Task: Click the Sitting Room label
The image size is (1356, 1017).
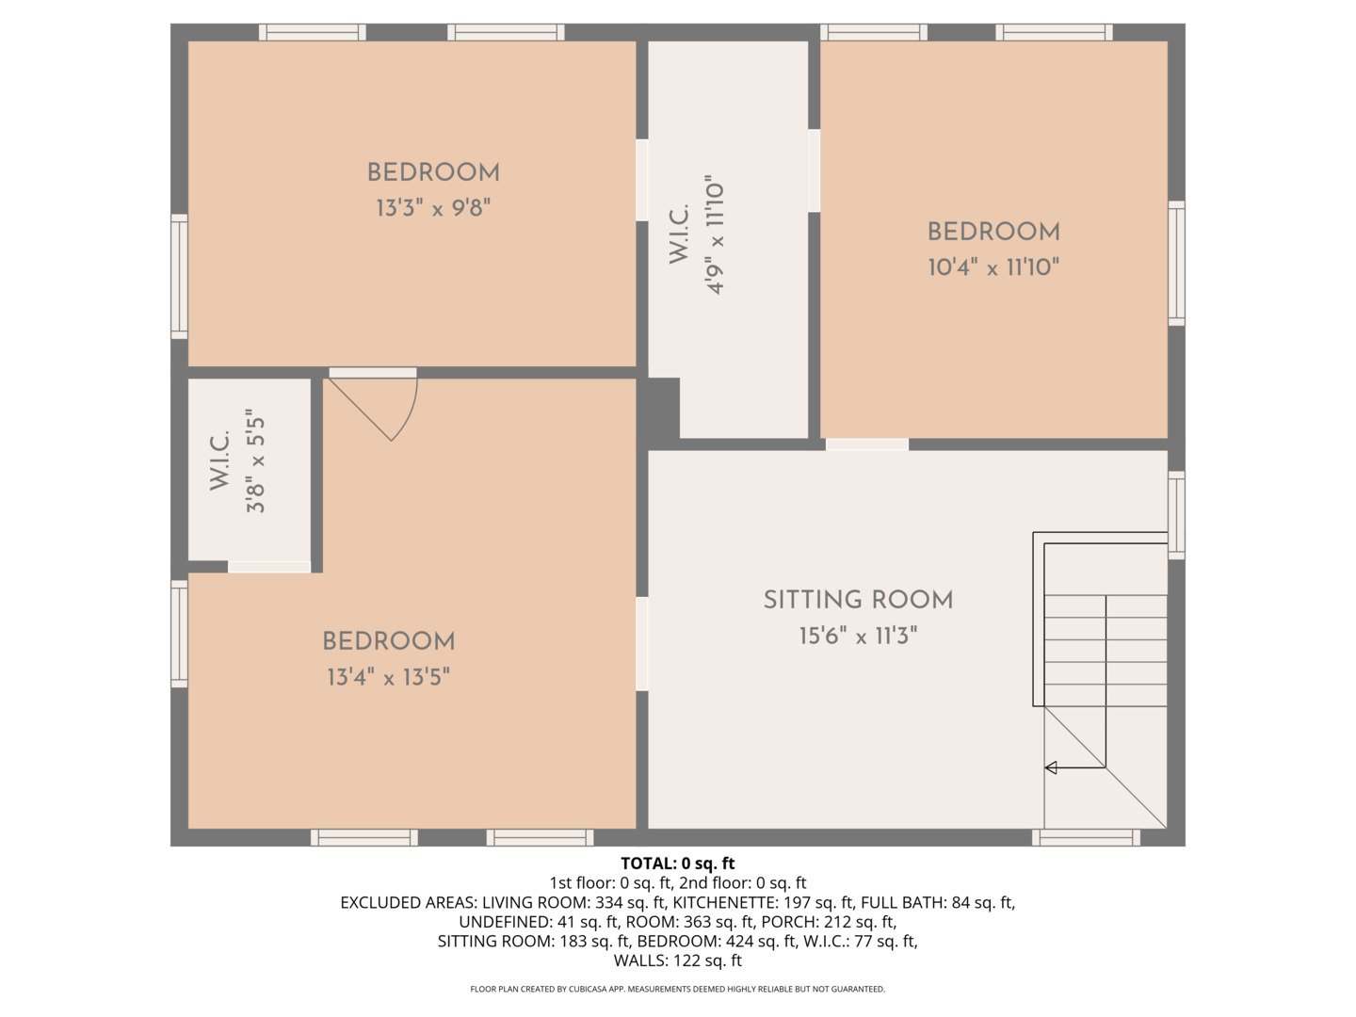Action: (858, 600)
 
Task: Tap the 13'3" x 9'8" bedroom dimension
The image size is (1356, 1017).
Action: (433, 207)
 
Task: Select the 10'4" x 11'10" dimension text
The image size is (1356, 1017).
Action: (993, 266)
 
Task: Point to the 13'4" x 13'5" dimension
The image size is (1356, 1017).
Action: (389, 677)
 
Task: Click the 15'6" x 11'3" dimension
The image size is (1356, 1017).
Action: (858, 635)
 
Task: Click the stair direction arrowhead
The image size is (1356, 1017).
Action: (1050, 767)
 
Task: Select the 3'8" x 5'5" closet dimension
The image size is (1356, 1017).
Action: (256, 460)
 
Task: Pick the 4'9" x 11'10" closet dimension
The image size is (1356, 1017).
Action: (715, 234)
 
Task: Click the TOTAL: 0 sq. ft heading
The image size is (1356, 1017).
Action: (678, 864)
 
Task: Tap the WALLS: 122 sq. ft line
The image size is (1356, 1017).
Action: (678, 960)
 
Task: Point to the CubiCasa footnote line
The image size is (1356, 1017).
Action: (678, 989)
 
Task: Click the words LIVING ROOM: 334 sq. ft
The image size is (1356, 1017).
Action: (573, 903)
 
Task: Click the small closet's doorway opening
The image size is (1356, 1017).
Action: (269, 567)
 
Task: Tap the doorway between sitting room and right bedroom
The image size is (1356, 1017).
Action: (867, 444)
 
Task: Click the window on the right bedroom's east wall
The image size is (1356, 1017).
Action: (1176, 263)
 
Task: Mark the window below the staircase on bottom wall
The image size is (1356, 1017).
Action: (1086, 838)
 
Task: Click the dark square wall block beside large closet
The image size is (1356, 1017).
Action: (661, 409)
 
